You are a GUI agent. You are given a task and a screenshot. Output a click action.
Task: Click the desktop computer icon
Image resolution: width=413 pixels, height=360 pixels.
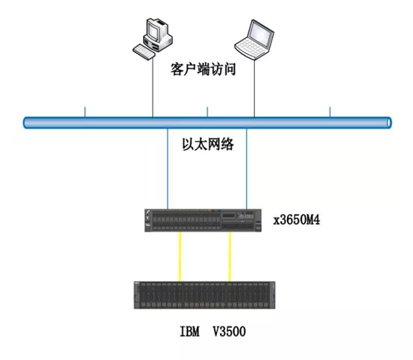click(153, 38)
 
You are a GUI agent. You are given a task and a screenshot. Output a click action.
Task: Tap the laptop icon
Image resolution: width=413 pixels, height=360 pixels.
click(254, 40)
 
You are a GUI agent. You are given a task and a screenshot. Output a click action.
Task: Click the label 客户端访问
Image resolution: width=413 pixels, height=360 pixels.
click(203, 69)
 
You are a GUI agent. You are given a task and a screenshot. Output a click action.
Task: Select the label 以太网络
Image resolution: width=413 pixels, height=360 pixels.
click(208, 145)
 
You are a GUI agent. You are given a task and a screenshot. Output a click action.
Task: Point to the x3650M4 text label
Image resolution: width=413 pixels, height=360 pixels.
click(297, 220)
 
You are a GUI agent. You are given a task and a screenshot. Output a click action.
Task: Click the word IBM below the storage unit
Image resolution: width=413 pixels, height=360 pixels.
click(189, 331)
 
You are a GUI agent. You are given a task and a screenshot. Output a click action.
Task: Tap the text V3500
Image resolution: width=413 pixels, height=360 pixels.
click(229, 331)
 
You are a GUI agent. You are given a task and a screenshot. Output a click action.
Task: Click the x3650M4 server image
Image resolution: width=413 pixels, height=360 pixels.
click(203, 221)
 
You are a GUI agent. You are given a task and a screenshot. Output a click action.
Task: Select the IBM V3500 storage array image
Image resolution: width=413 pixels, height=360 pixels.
click(205, 295)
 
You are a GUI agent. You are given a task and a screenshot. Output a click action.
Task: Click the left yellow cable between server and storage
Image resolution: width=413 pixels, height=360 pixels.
click(180, 256)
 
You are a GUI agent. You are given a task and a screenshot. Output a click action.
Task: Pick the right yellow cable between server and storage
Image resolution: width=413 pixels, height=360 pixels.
click(230, 256)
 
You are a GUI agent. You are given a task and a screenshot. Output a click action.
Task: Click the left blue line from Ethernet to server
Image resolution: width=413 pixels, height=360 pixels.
click(168, 168)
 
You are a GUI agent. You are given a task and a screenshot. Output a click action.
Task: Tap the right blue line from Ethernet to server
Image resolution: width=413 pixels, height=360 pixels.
click(247, 168)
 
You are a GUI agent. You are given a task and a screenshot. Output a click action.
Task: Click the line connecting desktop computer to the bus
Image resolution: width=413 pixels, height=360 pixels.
click(153, 88)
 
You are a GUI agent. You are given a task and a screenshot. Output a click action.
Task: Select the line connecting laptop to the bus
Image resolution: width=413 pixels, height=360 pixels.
click(254, 89)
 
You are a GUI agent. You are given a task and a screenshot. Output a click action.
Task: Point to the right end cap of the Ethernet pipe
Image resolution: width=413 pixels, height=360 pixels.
click(389, 123)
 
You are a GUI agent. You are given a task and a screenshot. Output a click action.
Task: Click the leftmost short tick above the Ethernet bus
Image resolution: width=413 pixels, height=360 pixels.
click(85, 112)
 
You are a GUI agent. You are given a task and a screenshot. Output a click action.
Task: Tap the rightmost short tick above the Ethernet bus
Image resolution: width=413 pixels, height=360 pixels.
click(330, 112)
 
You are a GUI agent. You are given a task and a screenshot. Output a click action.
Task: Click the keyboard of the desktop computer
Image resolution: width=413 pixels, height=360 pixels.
click(144, 52)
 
